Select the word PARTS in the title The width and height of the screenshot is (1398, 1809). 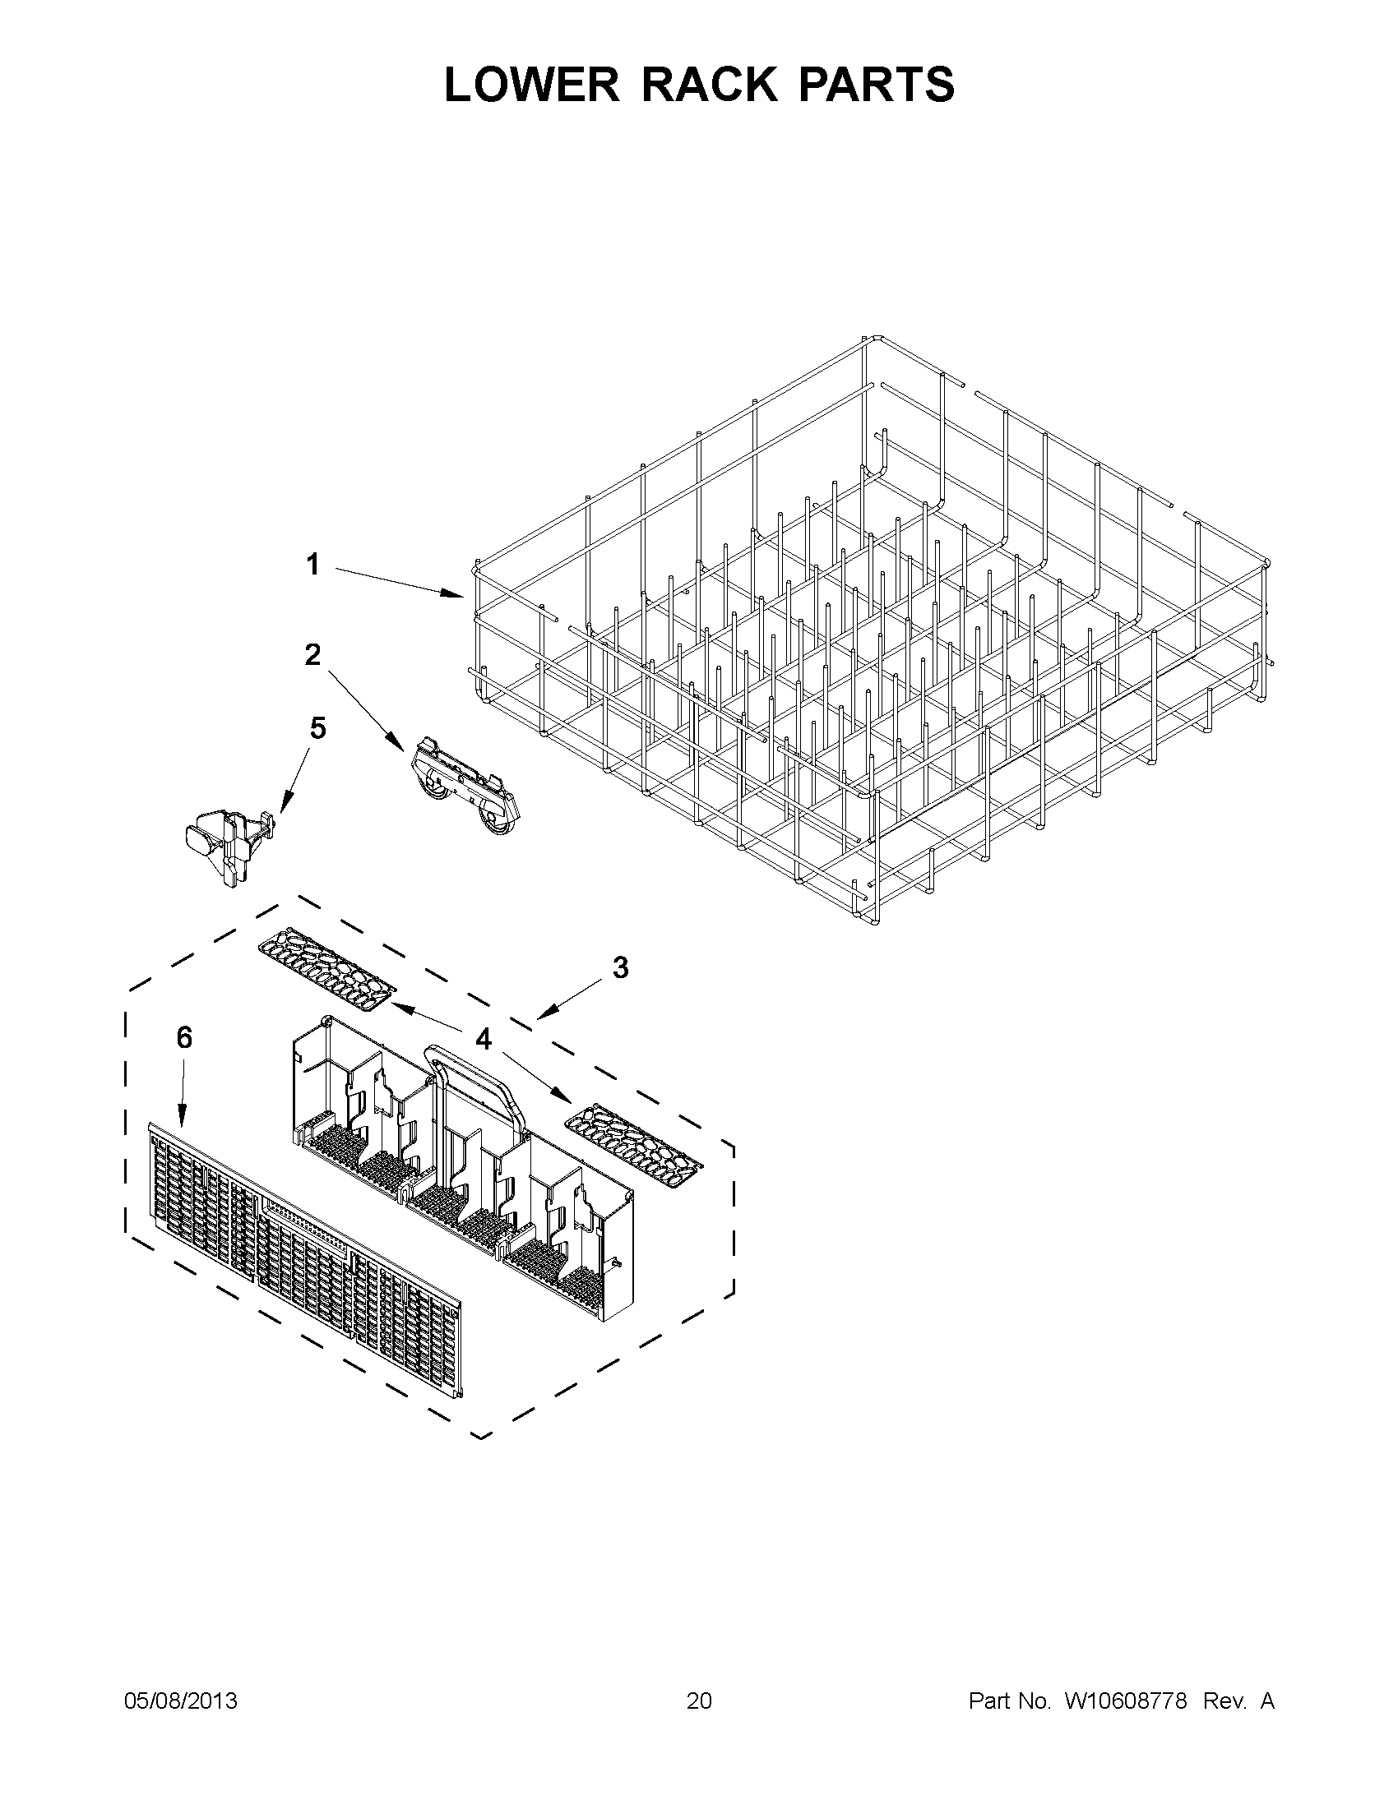(876, 85)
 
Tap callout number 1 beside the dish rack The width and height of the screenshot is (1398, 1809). (312, 565)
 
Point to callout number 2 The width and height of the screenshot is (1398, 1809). (312, 655)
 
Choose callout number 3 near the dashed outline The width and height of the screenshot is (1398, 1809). (620, 967)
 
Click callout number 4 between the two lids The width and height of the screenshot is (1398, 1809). (483, 1038)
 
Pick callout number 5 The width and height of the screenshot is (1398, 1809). (317, 728)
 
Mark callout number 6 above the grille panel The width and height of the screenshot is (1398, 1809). (184, 1037)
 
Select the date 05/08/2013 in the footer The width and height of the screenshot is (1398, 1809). (181, 1701)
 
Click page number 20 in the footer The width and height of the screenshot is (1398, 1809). (698, 1701)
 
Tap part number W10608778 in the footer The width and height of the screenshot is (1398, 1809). (1125, 1701)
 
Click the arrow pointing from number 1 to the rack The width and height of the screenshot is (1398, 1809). (398, 582)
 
